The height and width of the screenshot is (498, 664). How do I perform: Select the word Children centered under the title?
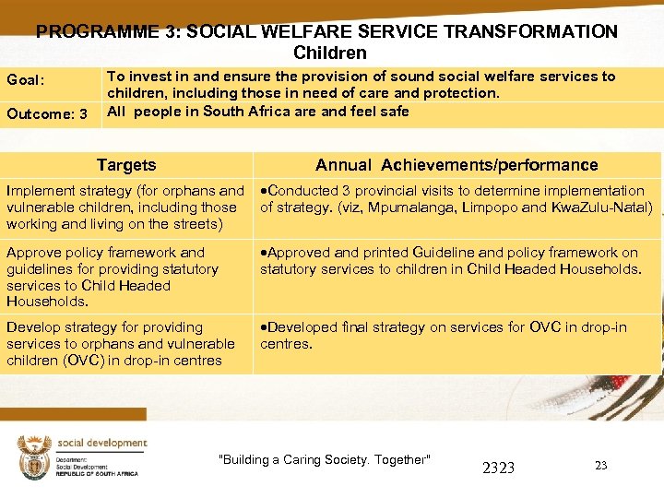click(x=330, y=53)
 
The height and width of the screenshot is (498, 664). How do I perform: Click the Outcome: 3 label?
click(x=47, y=114)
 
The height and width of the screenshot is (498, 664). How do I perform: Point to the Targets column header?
click(x=126, y=165)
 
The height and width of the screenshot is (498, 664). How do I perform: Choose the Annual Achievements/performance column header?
click(x=456, y=165)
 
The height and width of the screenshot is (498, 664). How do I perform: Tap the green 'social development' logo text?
click(x=101, y=444)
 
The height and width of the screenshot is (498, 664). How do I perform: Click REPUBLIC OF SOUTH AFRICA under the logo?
click(x=97, y=473)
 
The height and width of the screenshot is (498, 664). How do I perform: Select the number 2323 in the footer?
click(x=498, y=468)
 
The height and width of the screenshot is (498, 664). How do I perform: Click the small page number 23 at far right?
click(x=600, y=466)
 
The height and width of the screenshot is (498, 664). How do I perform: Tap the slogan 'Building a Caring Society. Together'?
click(x=324, y=459)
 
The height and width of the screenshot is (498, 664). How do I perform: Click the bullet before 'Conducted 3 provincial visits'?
click(x=263, y=191)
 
